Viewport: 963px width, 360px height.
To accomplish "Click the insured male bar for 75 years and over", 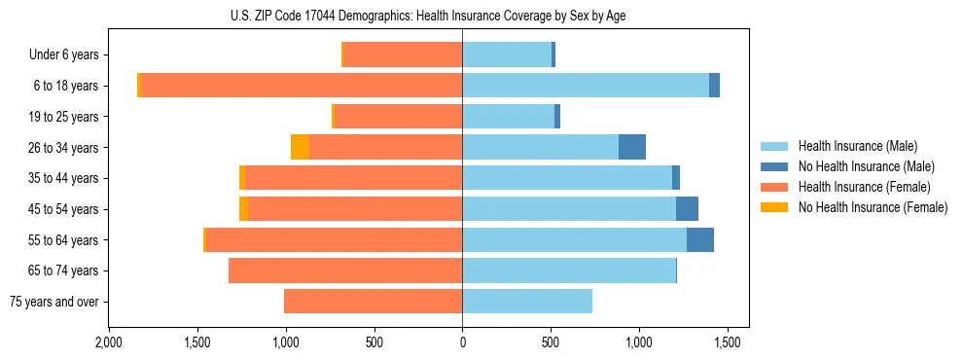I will (x=527, y=302).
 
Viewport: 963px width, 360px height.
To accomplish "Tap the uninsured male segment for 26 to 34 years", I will (x=632, y=147).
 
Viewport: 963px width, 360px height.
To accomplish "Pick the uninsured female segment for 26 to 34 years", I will (x=300, y=147).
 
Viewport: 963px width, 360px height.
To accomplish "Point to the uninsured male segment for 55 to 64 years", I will (x=700, y=239).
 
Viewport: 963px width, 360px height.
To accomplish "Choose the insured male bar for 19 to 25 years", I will (x=508, y=117).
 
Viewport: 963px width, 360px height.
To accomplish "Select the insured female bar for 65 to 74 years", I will (x=345, y=270).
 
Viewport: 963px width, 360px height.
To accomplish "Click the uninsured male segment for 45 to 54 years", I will (x=687, y=209).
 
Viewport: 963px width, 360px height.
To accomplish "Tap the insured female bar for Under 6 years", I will (x=403, y=54).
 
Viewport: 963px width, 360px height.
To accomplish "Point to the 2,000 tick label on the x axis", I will (x=108, y=343).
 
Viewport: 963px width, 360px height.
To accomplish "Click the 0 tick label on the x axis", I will (x=462, y=343).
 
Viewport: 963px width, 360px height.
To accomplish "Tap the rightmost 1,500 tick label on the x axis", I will (x=728, y=343).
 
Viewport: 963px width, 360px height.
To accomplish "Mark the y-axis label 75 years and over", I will (x=53, y=302).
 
